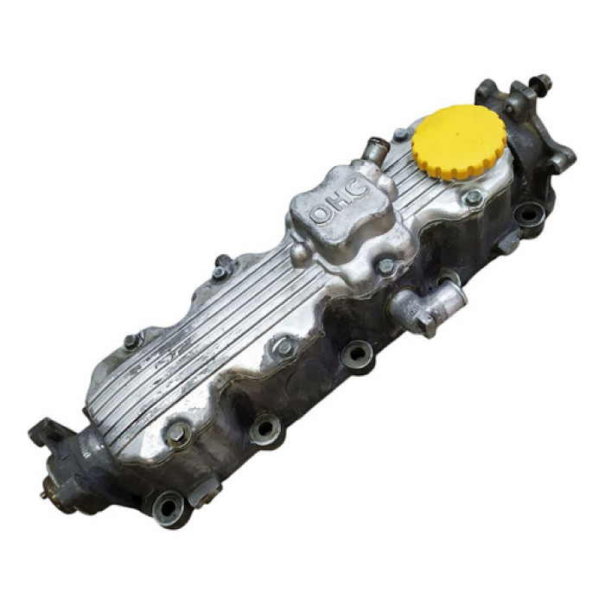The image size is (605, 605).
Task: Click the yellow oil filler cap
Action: coord(459,142)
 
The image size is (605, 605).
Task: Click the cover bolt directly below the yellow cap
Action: coord(473,198)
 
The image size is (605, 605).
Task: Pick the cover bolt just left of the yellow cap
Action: coord(400,134)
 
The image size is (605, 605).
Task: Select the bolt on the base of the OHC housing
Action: coord(385,266)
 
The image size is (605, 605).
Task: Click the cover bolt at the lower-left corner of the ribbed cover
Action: coord(176,434)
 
